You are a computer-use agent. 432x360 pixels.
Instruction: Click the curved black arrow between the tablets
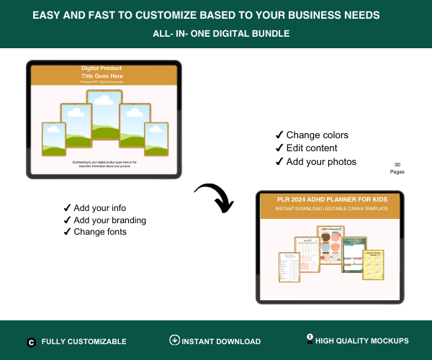click(x=215, y=197)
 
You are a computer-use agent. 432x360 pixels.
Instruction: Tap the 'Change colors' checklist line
click(x=312, y=135)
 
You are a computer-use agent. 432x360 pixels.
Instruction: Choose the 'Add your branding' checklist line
click(x=105, y=220)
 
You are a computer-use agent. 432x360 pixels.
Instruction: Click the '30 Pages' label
click(x=397, y=168)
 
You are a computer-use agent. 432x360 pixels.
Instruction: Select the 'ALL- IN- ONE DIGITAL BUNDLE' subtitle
click(x=216, y=33)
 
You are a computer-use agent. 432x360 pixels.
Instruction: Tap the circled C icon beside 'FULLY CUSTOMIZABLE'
click(x=31, y=342)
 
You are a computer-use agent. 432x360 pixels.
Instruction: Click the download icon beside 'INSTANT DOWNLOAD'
click(x=174, y=341)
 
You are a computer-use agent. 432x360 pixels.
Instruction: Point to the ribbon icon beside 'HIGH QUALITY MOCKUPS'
click(x=310, y=338)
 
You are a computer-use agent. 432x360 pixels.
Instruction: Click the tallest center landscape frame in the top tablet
click(x=104, y=115)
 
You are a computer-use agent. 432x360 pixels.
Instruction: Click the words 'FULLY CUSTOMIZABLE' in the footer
click(x=84, y=342)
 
